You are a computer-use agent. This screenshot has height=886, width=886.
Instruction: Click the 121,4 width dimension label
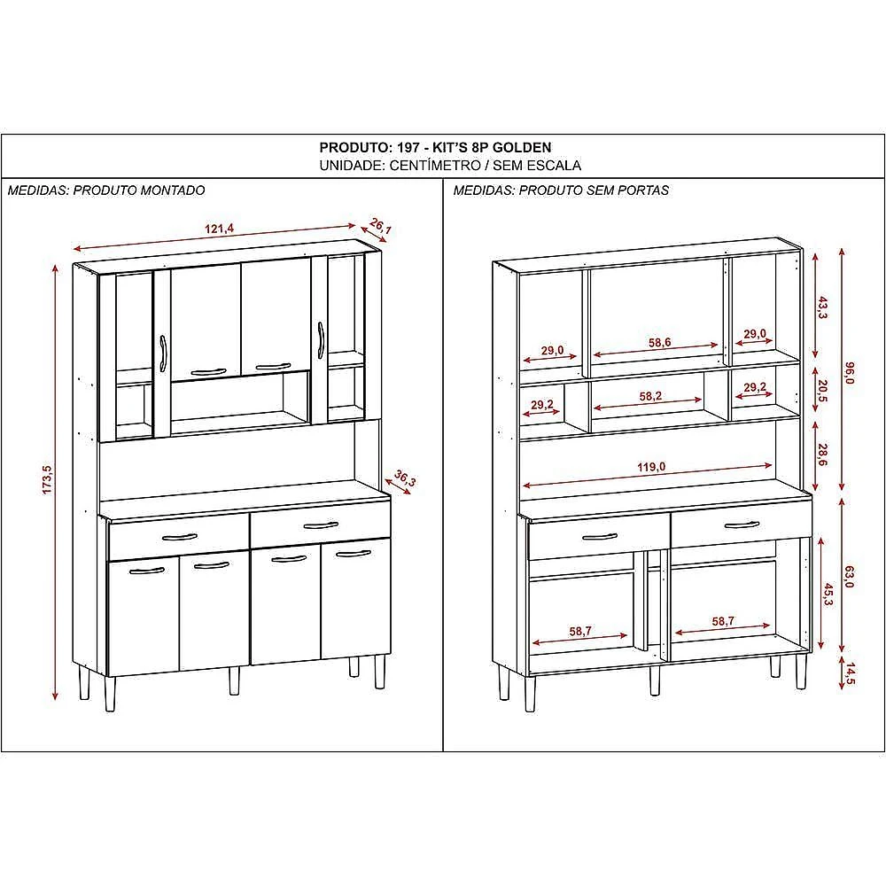pos(219,229)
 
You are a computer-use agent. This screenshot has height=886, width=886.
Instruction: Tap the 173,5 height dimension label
pos(48,479)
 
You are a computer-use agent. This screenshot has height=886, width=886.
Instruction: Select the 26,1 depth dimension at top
pos(380,226)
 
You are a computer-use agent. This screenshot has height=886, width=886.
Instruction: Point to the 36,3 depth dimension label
pos(405,478)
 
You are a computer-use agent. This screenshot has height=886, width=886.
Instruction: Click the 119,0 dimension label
pos(651,467)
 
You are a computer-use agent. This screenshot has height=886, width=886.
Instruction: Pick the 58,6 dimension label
pos(659,342)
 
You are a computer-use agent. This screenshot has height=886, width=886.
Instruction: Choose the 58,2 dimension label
pos(650,396)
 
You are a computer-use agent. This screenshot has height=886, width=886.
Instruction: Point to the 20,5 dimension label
pos(823,390)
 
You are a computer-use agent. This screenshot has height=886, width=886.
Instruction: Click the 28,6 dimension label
pos(823,455)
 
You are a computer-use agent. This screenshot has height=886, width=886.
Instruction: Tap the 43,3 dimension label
pos(823,307)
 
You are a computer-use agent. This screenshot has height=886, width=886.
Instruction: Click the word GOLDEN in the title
pos(522,147)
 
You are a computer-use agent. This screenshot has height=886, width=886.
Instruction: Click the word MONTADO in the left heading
pos(173,190)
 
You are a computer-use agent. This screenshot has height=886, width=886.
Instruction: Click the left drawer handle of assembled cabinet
pos(179,537)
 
